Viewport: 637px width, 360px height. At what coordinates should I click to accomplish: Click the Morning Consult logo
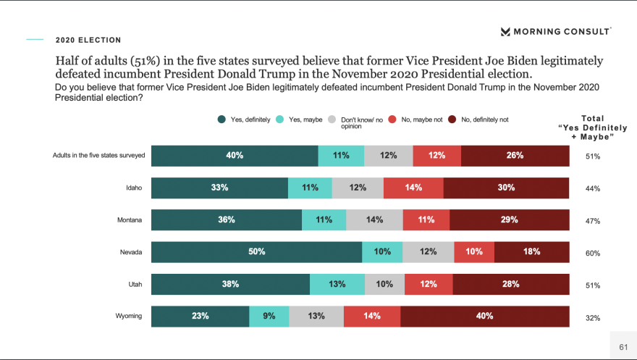tap(555, 31)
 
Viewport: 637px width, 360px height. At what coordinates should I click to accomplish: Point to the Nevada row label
tap(131, 252)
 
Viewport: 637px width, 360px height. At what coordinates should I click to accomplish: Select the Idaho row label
tap(134, 188)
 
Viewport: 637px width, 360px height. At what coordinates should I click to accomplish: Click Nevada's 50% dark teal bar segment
tap(256, 252)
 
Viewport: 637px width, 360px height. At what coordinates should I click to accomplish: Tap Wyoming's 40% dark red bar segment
tap(484, 316)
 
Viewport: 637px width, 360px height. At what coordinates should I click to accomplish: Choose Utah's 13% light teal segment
tap(337, 284)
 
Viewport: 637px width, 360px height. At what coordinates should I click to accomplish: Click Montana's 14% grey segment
tap(374, 219)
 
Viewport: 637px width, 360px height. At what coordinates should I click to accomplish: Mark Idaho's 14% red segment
tap(413, 188)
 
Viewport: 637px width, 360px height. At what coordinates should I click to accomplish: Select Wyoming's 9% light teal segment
tap(269, 316)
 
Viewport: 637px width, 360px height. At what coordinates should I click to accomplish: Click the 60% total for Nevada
tap(593, 254)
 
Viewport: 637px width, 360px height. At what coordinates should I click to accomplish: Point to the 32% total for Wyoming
tap(593, 317)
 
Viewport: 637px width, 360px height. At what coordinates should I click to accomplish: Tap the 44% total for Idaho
tap(593, 189)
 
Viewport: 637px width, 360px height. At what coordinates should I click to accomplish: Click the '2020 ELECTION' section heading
tap(88, 40)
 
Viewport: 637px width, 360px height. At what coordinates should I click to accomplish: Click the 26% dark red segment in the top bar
tap(515, 156)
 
